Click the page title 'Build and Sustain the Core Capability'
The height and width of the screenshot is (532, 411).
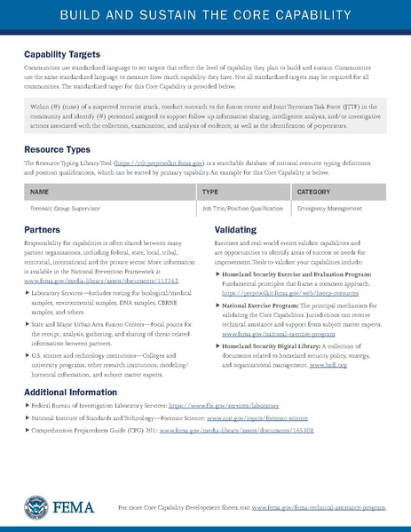pos(205,17)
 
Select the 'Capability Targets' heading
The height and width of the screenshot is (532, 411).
pos(61,54)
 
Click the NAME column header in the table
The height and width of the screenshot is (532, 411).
pos(39,191)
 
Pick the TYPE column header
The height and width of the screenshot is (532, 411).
pos(210,191)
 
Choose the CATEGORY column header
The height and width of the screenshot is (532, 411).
pos(313,191)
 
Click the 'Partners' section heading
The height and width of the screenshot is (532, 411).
pos(43,230)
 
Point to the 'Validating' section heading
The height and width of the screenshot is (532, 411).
pos(236,230)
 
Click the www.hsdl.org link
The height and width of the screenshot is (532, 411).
pos(328,364)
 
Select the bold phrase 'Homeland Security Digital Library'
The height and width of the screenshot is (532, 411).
pos(274,345)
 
